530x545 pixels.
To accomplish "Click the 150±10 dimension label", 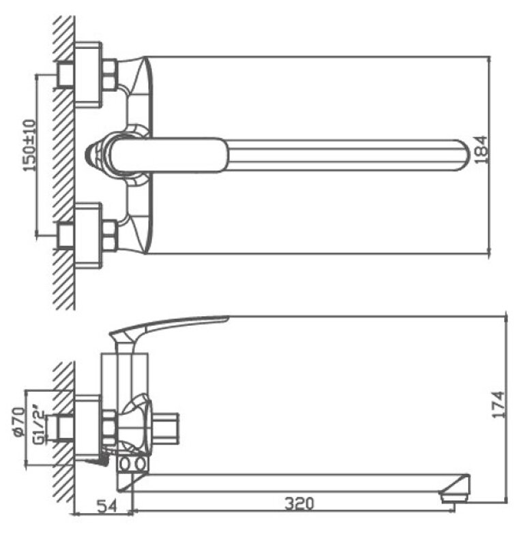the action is pyautogui.click(x=29, y=145).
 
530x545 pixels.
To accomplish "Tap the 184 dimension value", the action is pyautogui.click(x=481, y=149).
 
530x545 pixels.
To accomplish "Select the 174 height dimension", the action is pyautogui.click(x=498, y=405).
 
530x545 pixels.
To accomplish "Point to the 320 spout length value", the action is pyautogui.click(x=299, y=503).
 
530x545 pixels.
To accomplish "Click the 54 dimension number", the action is pyautogui.click(x=107, y=506).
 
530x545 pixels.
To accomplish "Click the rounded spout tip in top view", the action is pyautogui.click(x=465, y=155).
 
